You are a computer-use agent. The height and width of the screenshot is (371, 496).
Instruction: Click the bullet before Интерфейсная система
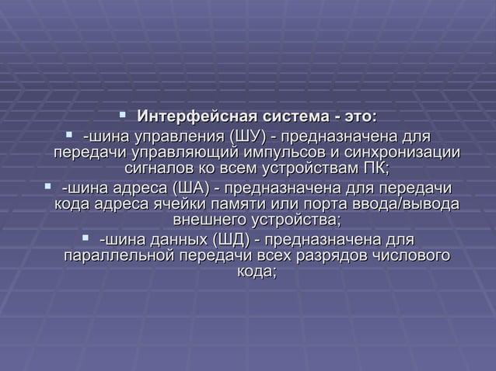point(122,116)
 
